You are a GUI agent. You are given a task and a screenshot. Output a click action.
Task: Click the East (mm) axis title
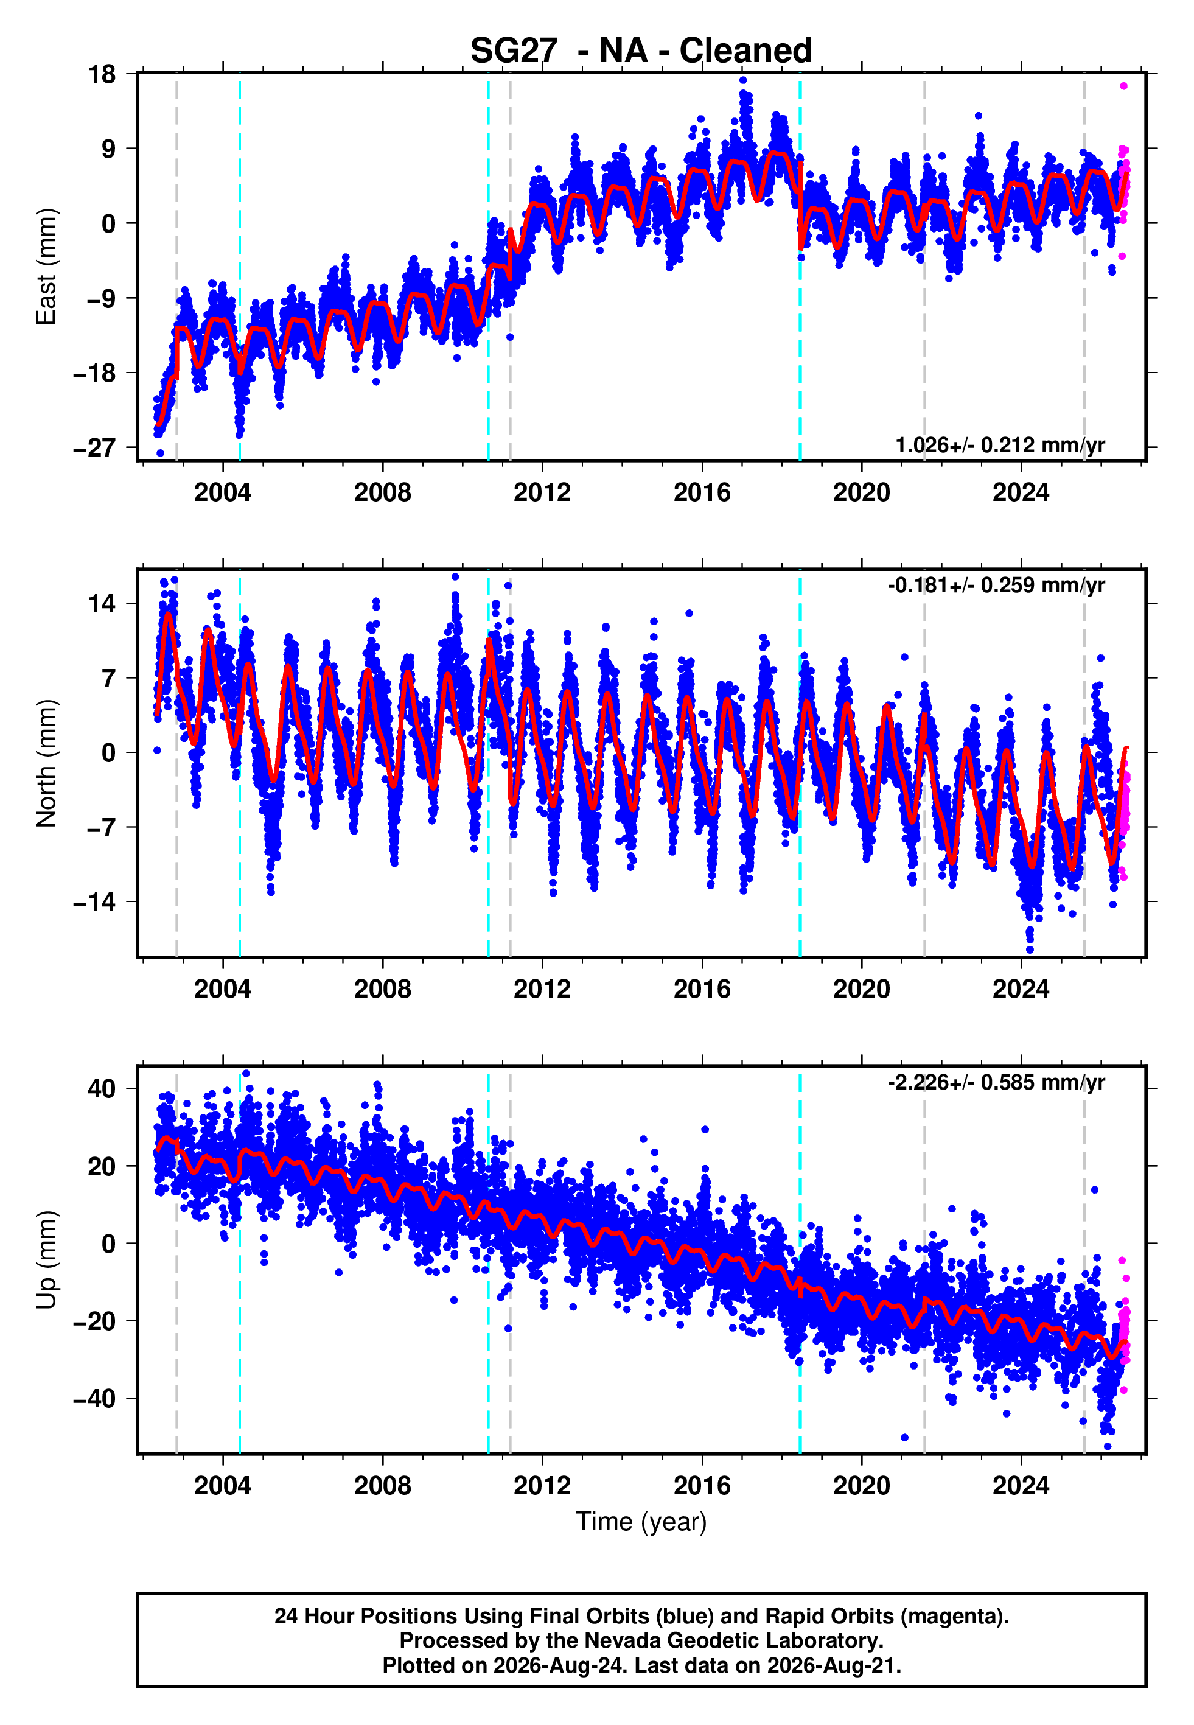click(46, 267)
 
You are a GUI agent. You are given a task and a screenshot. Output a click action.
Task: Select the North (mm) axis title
click(46, 763)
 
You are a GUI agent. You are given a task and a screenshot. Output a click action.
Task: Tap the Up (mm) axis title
click(46, 1260)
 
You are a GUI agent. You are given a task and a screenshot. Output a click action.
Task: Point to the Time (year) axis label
click(641, 1522)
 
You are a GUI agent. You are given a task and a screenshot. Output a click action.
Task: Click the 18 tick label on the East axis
click(102, 74)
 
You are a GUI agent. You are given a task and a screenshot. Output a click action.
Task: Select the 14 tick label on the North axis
click(102, 603)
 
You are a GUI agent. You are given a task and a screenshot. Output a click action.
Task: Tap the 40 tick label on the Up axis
click(102, 1088)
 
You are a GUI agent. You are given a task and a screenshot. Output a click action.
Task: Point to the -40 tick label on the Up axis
click(95, 1398)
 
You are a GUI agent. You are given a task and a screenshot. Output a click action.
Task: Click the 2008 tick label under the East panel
click(382, 492)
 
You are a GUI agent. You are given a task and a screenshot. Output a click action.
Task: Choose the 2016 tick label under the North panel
click(702, 989)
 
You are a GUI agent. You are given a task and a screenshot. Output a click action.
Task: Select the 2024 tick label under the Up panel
click(1021, 1486)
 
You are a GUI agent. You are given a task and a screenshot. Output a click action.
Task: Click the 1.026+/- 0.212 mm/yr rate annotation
click(1000, 445)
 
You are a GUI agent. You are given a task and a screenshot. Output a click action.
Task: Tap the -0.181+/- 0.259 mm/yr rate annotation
click(996, 585)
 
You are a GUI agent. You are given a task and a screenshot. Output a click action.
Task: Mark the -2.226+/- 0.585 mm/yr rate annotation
click(996, 1082)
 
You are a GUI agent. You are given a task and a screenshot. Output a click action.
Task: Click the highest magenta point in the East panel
click(1123, 86)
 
